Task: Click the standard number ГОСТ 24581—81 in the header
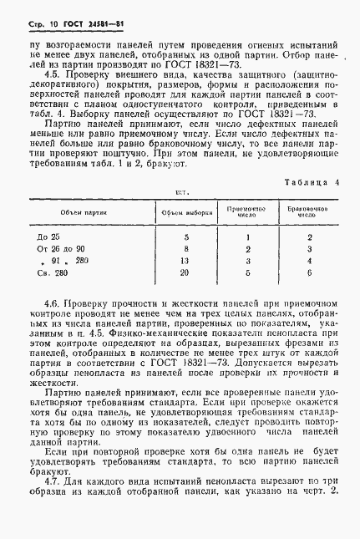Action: coord(78,18)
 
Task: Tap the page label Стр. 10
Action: coord(32,18)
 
